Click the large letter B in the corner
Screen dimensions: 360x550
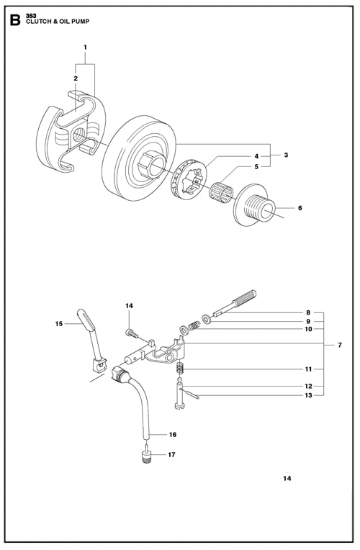point(14,19)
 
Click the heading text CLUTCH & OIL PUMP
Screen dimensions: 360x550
point(58,22)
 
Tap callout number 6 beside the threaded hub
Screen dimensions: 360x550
point(300,208)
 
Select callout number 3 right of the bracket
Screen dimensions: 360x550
point(286,155)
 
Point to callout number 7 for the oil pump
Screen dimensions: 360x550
point(340,345)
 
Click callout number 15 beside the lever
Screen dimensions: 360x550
point(58,324)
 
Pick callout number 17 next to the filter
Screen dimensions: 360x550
point(171,454)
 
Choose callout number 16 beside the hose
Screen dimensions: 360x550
point(173,435)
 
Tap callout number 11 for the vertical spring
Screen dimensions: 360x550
point(308,369)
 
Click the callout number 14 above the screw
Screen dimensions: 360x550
point(129,306)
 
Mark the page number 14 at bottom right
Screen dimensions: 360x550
point(287,479)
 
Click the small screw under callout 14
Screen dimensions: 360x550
point(132,333)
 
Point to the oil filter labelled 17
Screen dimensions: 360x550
point(146,457)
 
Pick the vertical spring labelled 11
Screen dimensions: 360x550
point(180,369)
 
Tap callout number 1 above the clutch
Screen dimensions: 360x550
point(85,47)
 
